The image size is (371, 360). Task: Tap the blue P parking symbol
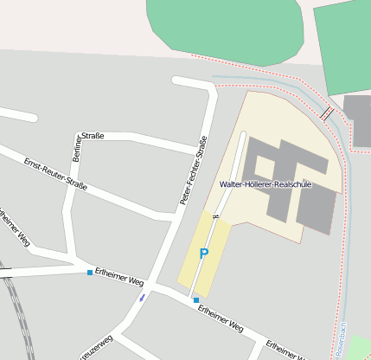pyautogui.click(x=204, y=254)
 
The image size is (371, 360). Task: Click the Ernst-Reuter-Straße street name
pyautogui.click(x=56, y=175)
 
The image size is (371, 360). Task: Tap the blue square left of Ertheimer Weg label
pyautogui.click(x=90, y=273)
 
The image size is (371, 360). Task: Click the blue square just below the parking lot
pyautogui.click(x=196, y=300)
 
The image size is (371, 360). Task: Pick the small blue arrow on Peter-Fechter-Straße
pyautogui.click(x=142, y=298)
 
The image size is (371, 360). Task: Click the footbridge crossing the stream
pyautogui.click(x=327, y=112)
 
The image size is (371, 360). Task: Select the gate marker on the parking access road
pyautogui.click(x=215, y=215)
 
